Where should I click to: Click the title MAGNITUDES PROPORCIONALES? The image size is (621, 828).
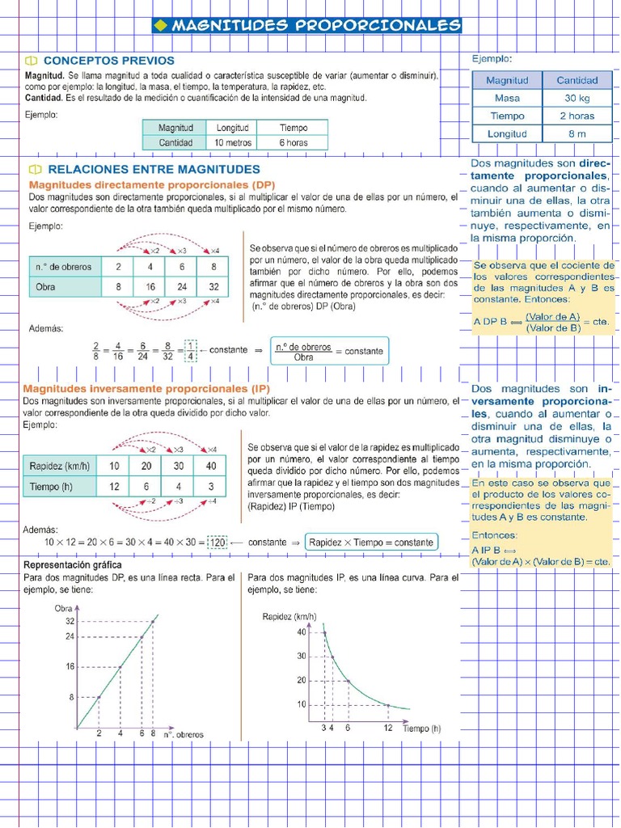coord(306,26)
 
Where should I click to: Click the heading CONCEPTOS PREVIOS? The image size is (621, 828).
coord(108,61)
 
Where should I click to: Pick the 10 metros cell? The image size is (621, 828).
coord(233,143)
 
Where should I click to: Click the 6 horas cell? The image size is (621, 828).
coord(294,143)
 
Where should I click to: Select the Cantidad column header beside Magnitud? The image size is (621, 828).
coord(577,80)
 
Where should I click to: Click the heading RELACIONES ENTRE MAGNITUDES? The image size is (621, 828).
coord(154,170)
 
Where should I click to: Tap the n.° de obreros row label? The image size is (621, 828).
coord(63,267)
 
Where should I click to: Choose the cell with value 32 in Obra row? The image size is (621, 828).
coord(213,287)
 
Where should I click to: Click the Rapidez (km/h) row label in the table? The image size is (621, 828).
coord(60,467)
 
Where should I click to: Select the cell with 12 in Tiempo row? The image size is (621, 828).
coord(114,486)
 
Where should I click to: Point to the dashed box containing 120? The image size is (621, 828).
coord(218,543)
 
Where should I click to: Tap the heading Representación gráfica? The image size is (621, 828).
coord(73,564)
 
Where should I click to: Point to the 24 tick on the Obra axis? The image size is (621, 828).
coord(70,636)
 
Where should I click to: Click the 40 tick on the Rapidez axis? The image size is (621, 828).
coord(302,632)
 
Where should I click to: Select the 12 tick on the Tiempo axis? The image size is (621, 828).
coord(387,729)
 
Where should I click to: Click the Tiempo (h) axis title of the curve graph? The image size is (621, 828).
coord(422,729)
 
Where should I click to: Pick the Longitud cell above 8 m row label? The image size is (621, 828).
coord(507,133)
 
